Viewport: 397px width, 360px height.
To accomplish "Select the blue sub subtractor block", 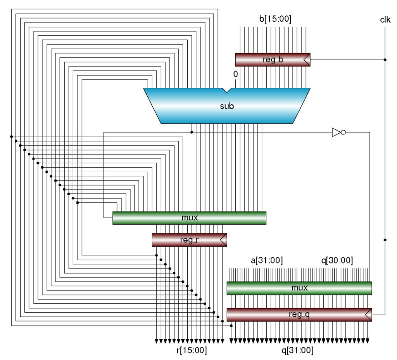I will point(227,105).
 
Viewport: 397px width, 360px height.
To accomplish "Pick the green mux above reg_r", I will point(189,218).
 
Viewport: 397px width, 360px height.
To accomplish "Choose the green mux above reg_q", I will point(299,288).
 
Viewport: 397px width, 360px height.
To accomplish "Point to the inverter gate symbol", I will point(338,133).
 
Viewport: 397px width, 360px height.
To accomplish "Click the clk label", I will point(385,19).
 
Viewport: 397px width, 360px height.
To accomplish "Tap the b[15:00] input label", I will point(275,19).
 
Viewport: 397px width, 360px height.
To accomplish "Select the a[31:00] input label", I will point(267,260).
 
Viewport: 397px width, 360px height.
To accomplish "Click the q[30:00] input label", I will point(337,260).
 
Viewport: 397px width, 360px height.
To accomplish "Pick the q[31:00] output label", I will point(297,351).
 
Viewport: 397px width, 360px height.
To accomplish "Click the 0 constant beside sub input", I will point(235,74).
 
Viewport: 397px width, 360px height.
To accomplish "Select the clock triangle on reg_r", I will point(223,240).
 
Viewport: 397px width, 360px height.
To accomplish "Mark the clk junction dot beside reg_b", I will point(385,60).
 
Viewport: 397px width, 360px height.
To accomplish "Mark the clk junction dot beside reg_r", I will point(385,240).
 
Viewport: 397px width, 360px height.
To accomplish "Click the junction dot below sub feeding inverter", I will point(192,133).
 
